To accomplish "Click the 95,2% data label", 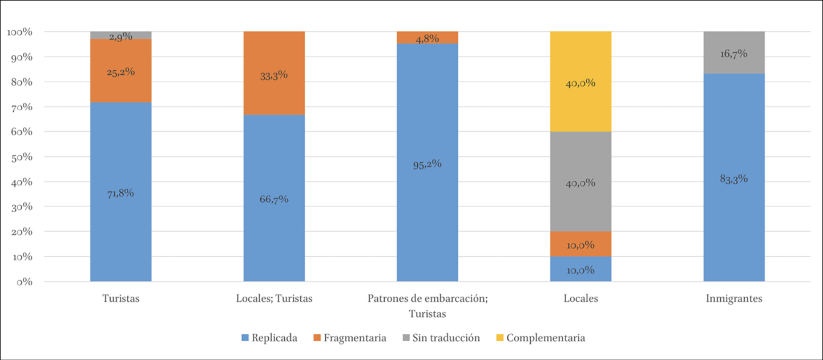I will (x=427, y=164).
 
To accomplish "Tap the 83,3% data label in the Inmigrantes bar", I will (x=734, y=179).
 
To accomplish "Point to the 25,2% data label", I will (x=121, y=72).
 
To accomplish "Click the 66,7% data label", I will (x=274, y=199).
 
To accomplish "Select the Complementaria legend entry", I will (x=539, y=338).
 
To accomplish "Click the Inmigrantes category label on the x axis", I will (x=734, y=299).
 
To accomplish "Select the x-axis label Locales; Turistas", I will (x=274, y=299).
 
